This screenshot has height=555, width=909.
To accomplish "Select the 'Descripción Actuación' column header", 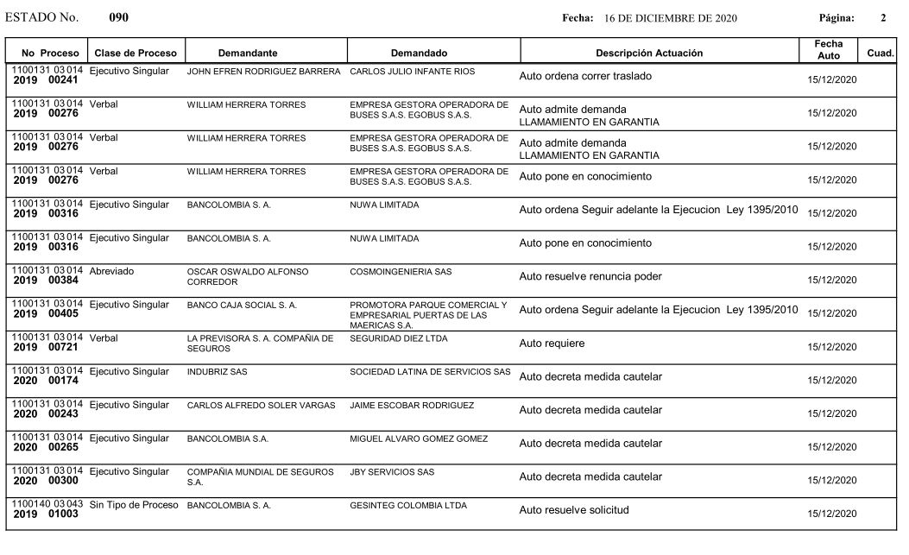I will tap(649, 53).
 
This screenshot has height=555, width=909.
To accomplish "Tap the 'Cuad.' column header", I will tap(880, 53).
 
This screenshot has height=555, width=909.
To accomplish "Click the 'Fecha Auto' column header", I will tap(828, 49).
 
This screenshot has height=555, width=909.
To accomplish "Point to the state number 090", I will tap(119, 17).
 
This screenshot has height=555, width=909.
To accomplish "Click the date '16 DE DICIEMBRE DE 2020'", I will tap(671, 18).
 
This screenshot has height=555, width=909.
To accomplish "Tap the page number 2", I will tap(882, 18).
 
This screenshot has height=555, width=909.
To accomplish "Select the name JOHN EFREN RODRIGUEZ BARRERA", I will tap(263, 71).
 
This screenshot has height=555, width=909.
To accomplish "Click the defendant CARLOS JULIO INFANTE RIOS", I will tap(413, 71).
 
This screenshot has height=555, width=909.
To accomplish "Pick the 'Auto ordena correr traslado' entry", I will tap(585, 76).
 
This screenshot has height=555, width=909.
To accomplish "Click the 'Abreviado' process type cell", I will tap(111, 271).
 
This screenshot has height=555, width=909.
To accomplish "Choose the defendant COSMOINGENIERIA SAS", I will tap(401, 272).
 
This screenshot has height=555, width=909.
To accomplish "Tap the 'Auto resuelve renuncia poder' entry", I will tap(590, 276).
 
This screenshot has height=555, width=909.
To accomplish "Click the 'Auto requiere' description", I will tap(552, 344).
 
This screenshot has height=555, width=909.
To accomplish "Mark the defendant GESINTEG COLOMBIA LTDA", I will tap(408, 505).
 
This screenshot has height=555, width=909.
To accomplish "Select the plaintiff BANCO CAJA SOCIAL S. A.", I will tap(242, 305).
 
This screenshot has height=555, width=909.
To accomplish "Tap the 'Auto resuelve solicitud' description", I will tap(574, 510).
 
